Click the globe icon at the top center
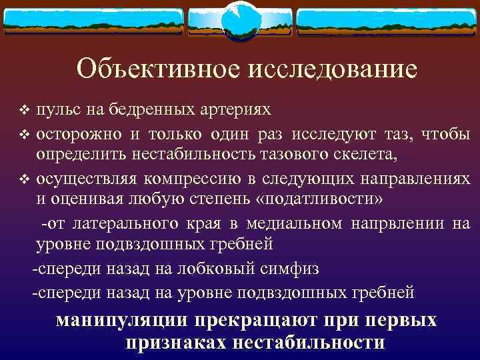240,20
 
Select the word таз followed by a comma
389,133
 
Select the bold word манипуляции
123,321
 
